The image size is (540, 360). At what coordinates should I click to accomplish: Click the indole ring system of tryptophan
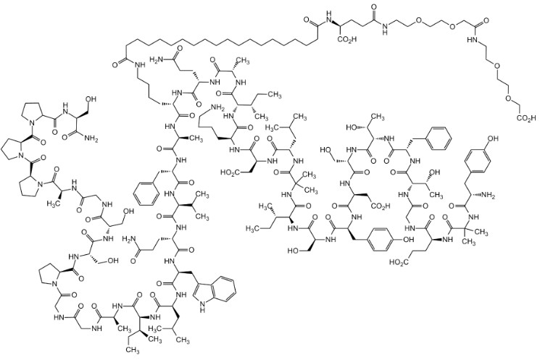click(216, 293)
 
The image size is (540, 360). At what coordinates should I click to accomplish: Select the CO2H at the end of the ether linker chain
click(526, 118)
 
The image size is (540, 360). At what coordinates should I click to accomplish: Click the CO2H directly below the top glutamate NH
click(347, 39)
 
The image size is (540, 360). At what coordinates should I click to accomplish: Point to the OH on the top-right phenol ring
click(493, 138)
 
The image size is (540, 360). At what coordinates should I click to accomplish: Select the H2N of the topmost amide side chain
click(157, 62)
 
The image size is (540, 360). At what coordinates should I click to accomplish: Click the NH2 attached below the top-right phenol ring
click(488, 196)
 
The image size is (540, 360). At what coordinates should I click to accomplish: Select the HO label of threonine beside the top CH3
click(352, 127)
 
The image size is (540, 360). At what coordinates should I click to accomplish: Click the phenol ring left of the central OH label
click(381, 240)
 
